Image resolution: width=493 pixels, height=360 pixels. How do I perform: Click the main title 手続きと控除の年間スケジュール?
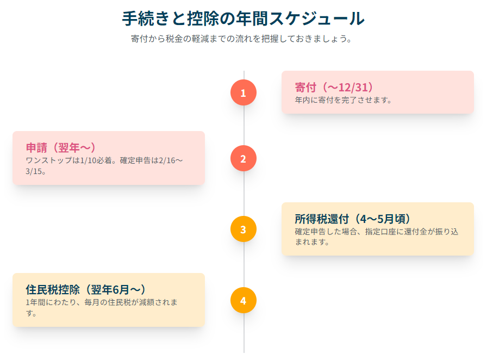coord(243,18)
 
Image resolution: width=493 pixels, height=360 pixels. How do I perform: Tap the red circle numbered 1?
coord(243,92)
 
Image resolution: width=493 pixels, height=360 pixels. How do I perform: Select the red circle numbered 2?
coord(243,159)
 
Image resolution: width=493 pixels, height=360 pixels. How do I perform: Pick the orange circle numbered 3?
coord(243,229)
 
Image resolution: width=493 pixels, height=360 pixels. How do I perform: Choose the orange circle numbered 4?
coord(243,300)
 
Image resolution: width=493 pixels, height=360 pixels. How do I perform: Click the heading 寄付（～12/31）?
coord(334,88)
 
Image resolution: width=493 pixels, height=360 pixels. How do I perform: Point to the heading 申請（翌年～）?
coord(61,148)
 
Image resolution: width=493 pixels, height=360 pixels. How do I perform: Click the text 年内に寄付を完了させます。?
coord(343,100)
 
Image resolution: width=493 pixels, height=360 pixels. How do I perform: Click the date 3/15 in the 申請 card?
coord(35,171)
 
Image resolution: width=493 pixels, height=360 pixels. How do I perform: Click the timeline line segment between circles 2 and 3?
coord(244,194)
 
